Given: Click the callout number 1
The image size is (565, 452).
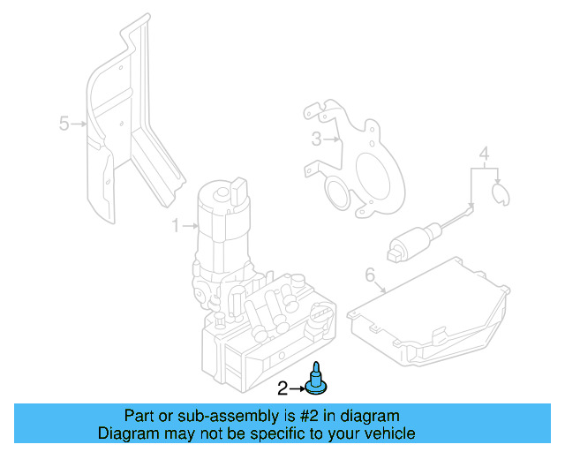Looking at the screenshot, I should (x=175, y=226).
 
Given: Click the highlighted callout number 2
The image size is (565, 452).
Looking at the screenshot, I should (x=283, y=388).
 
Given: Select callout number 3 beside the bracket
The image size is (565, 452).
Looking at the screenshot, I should (x=316, y=139).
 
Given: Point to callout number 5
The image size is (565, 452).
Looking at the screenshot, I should (x=64, y=124).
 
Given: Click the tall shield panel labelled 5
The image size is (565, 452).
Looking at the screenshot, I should (x=124, y=132).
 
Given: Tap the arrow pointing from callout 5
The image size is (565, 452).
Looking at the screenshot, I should (x=79, y=124).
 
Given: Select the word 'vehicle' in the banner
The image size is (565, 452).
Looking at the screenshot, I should (x=388, y=433).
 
